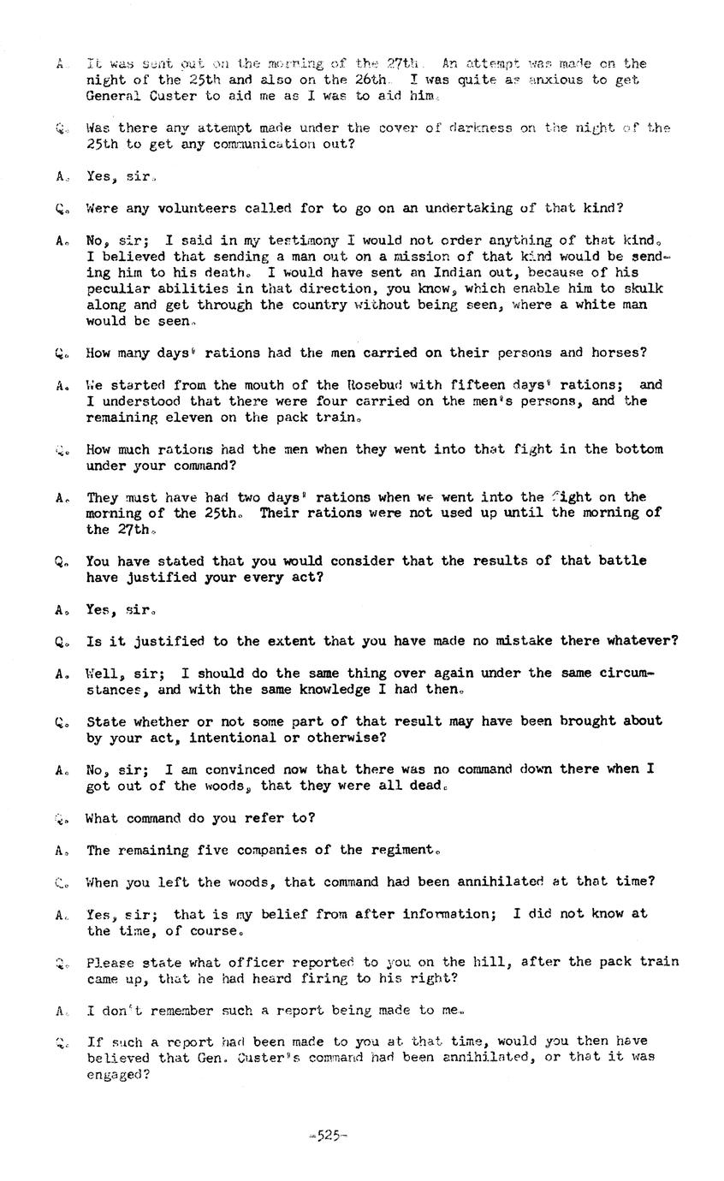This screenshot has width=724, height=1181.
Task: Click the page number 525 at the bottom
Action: coord(328,1136)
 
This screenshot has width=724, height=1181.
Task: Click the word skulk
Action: coord(643,288)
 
